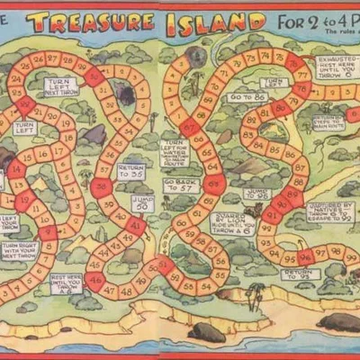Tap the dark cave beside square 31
click(125, 94)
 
